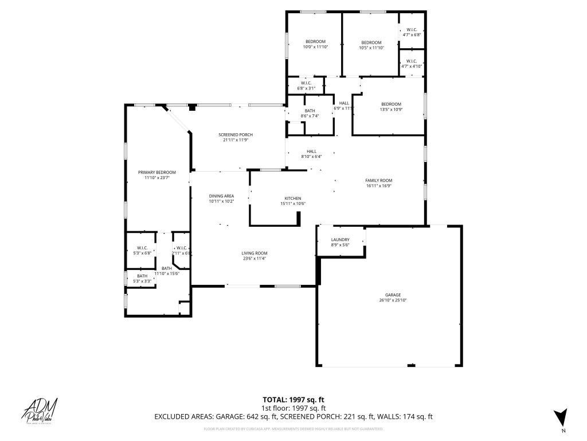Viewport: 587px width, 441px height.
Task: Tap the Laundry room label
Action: click(x=340, y=242)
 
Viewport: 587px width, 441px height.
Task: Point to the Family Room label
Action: click(x=378, y=183)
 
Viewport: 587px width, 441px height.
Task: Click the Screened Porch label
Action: click(x=235, y=137)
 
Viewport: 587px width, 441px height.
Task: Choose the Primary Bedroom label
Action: click(x=156, y=175)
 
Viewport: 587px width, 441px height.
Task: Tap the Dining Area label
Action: click(x=221, y=199)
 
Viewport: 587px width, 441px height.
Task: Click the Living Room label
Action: click(x=254, y=256)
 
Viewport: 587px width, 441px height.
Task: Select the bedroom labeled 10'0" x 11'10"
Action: click(x=315, y=44)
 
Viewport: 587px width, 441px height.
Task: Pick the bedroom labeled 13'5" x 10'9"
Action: click(x=391, y=107)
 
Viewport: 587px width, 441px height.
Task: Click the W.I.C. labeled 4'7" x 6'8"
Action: click(x=412, y=32)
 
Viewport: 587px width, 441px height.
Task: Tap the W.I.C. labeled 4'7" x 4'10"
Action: click(x=412, y=63)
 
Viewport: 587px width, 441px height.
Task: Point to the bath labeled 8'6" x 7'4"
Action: click(x=310, y=113)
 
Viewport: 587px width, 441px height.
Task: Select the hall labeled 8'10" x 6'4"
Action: click(x=311, y=154)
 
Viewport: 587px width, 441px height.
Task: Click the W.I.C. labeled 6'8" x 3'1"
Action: click(x=306, y=86)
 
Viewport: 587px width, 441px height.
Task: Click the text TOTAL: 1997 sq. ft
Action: click(x=293, y=400)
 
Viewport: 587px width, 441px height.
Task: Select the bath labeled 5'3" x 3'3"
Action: click(x=142, y=278)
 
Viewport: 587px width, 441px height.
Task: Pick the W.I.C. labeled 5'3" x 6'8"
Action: click(x=142, y=250)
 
